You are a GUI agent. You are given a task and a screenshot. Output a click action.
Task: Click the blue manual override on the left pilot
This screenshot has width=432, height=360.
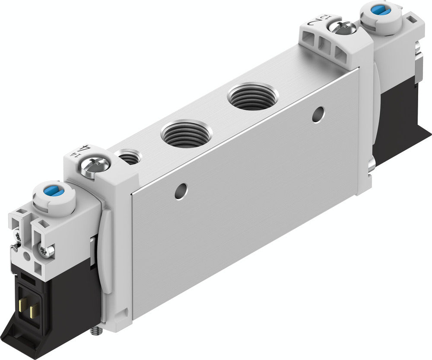pos(54,191)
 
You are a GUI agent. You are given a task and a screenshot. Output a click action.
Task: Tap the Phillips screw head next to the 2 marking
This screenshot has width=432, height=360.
pos(342,28)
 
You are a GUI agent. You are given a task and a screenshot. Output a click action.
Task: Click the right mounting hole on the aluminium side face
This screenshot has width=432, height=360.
pos(319,113)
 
